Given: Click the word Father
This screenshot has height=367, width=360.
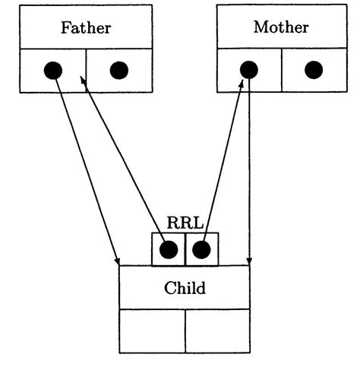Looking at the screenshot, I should tap(85, 29).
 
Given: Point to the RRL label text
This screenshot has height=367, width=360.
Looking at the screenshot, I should tap(184, 223).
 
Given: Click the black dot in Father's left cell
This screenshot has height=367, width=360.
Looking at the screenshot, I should tap(52, 71).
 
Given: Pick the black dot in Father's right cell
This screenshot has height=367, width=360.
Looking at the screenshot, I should tap(118, 71).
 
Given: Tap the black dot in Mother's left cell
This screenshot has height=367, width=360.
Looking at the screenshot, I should tap(248, 70).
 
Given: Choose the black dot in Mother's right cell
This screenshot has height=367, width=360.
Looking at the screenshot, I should tap(314, 70).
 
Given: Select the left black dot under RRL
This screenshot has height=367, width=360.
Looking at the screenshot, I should tap(169, 249).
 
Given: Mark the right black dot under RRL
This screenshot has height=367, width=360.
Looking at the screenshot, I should tap(201, 249).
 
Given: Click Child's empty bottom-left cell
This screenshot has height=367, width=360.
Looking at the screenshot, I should tap(152, 331).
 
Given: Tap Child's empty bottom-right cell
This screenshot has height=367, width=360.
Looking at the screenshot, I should tap(217, 331).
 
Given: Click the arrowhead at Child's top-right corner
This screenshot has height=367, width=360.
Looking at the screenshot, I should tap(249, 261).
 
